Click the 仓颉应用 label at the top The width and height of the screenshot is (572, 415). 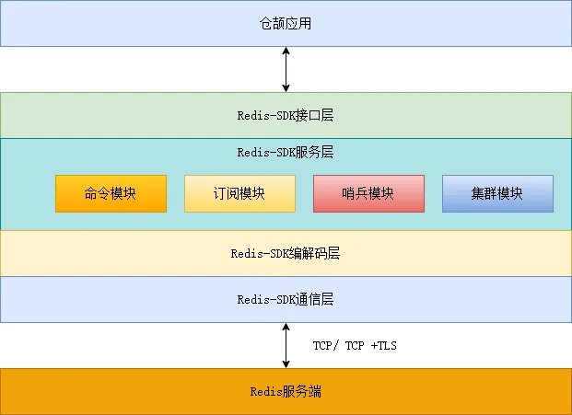pos(286,23)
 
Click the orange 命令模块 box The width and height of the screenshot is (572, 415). pos(111,193)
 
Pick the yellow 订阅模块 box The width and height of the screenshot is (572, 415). pos(239,193)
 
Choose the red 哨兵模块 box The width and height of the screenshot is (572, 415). pos(368,193)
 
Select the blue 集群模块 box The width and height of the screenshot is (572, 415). pos(497,193)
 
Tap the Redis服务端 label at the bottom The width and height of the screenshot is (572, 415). pos(286,392)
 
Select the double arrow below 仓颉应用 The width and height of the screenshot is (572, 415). pos(286,69)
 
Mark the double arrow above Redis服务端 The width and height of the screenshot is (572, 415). pos(286,345)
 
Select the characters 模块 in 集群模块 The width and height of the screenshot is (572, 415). pos(510,193)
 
